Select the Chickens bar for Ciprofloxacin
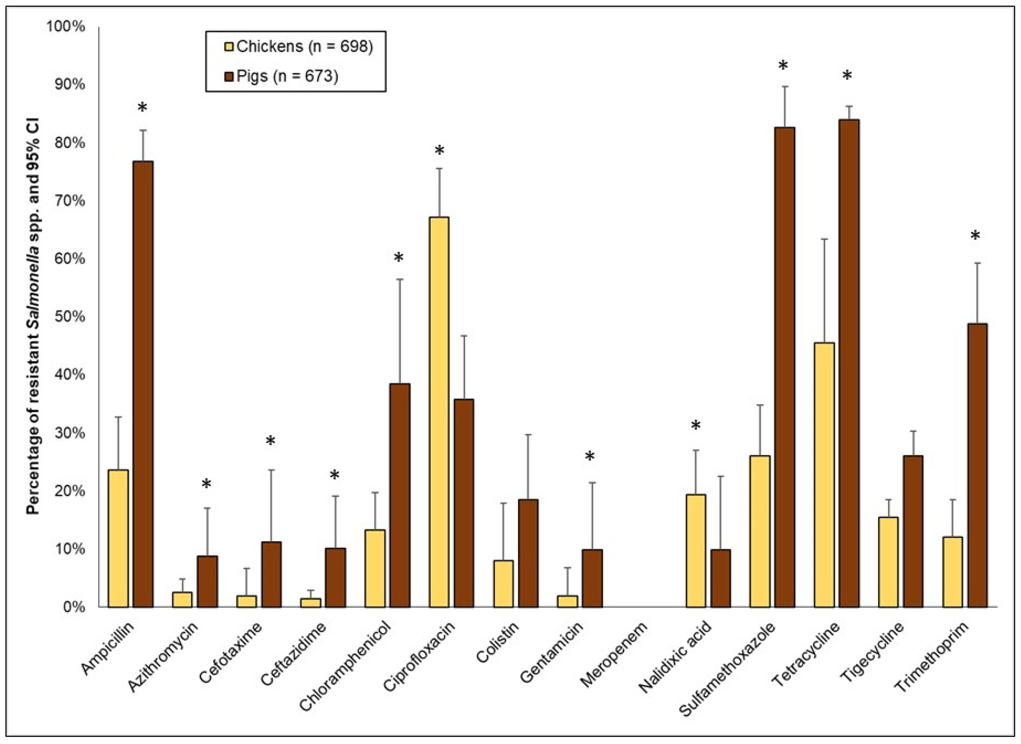(439, 412)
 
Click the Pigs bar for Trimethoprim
(977, 465)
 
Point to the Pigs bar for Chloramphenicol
(400, 495)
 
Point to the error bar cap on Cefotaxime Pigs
(271, 470)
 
